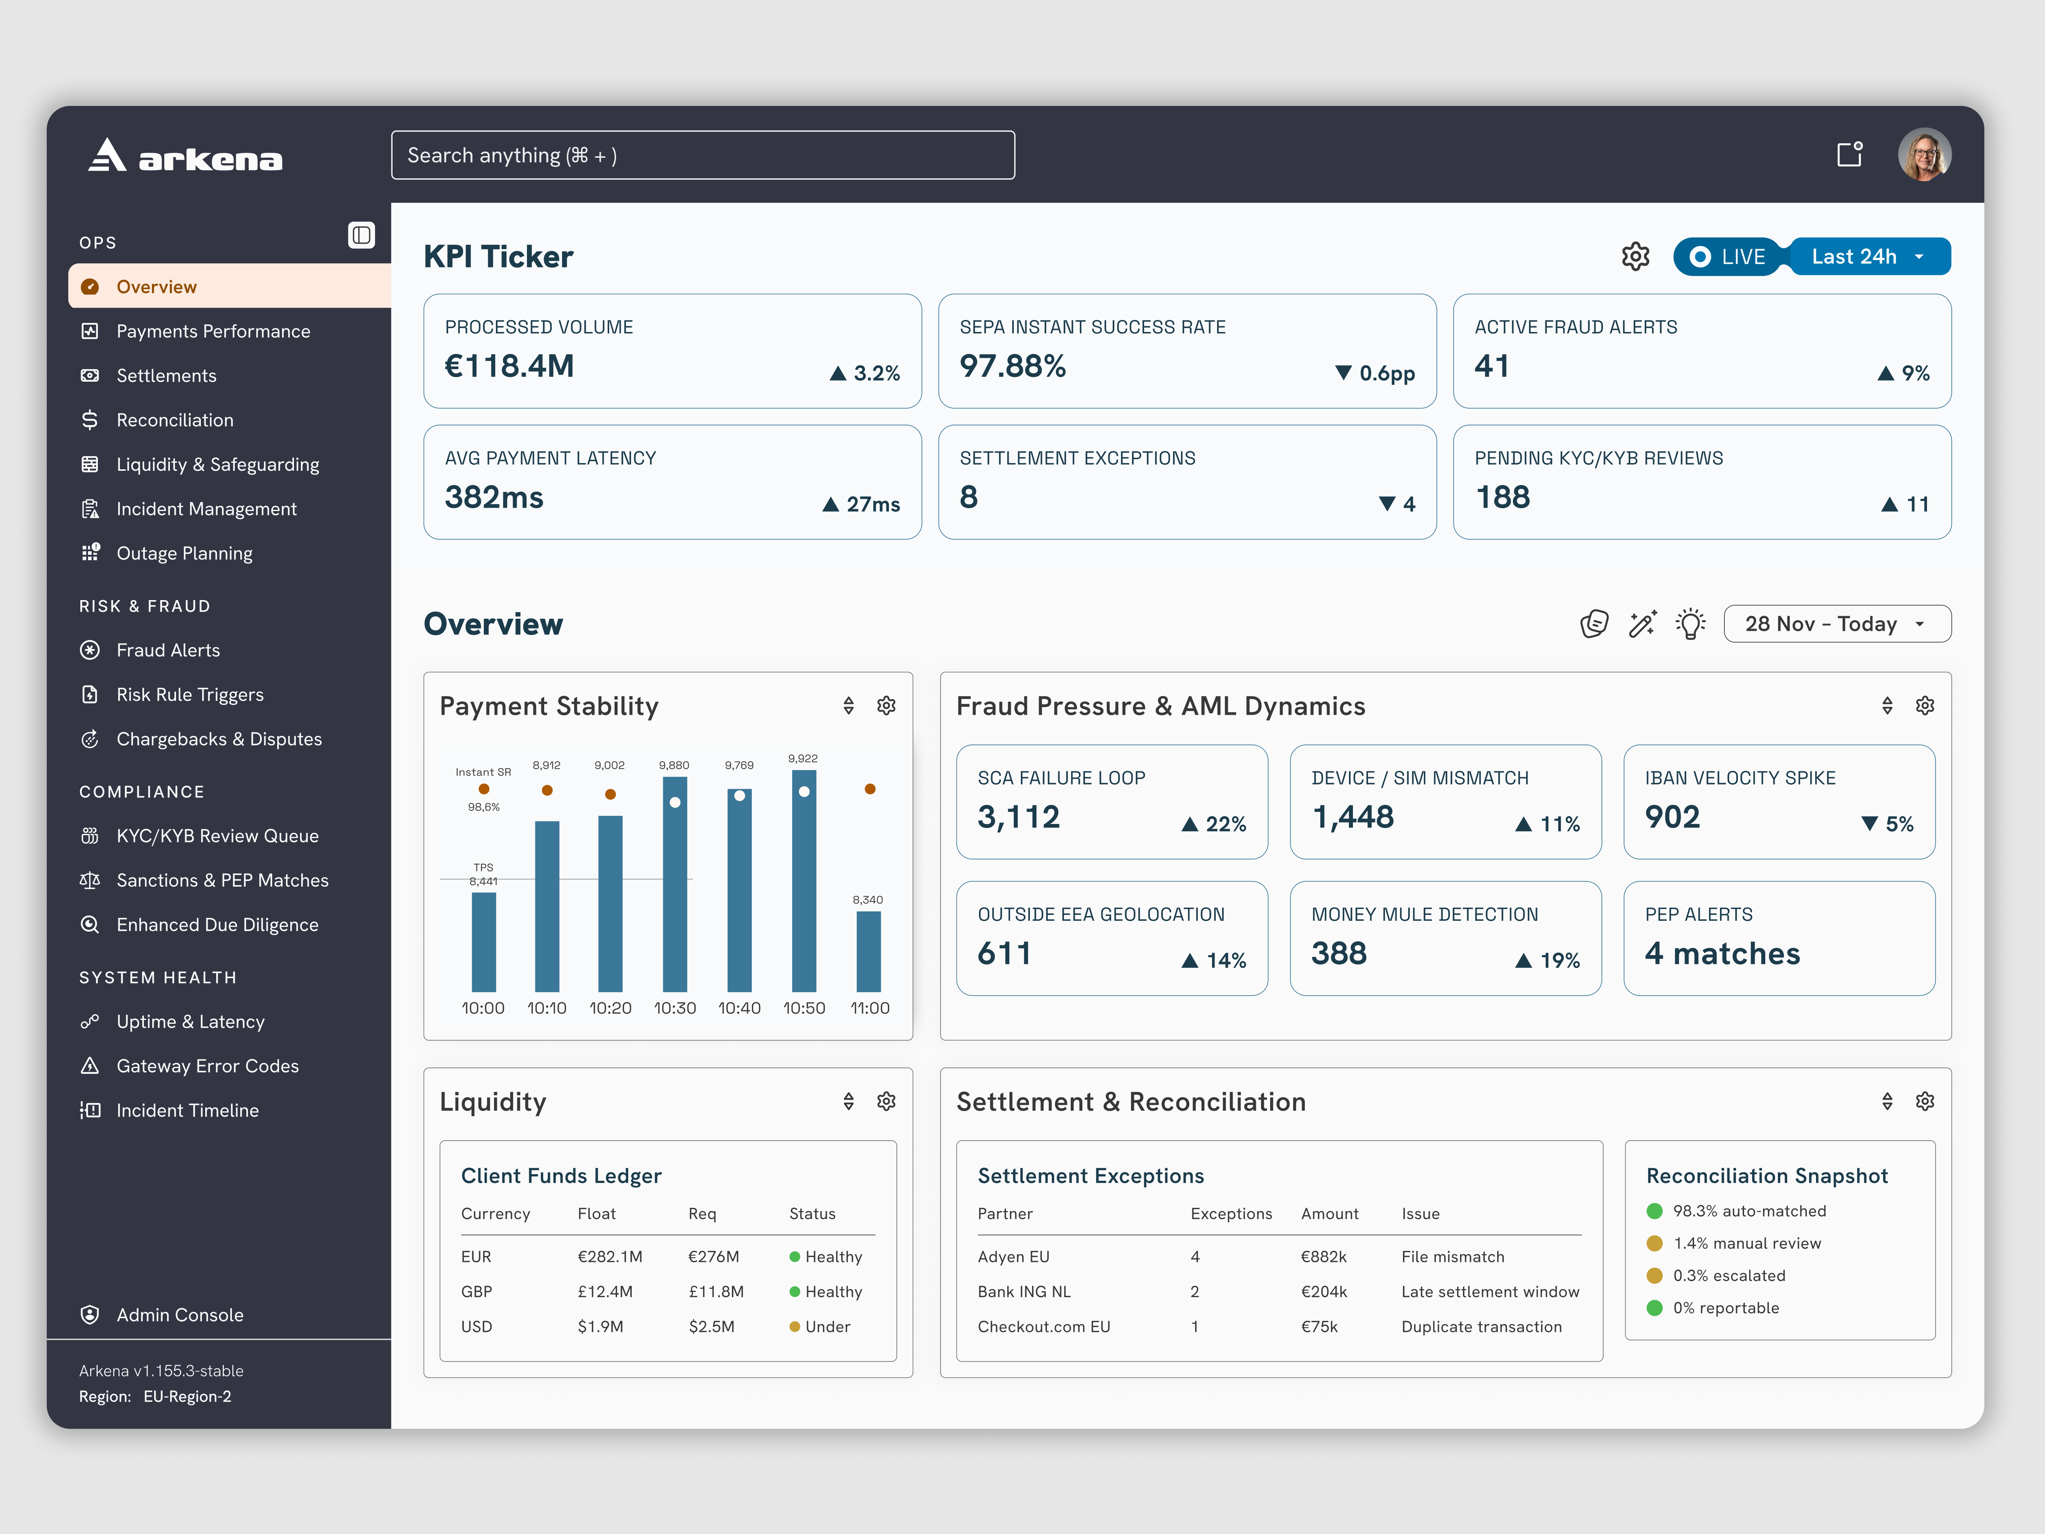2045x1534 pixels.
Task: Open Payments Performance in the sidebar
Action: (x=213, y=331)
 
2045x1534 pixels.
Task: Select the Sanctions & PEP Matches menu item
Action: (x=222, y=880)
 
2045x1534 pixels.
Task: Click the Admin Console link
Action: (x=179, y=1315)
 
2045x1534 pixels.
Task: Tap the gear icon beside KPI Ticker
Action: (x=1635, y=256)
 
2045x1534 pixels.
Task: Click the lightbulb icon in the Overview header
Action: (x=1691, y=623)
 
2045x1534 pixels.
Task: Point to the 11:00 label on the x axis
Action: (x=870, y=1008)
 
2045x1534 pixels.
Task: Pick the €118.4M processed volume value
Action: (x=509, y=366)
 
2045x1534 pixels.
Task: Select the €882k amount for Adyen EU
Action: (x=1324, y=1257)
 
